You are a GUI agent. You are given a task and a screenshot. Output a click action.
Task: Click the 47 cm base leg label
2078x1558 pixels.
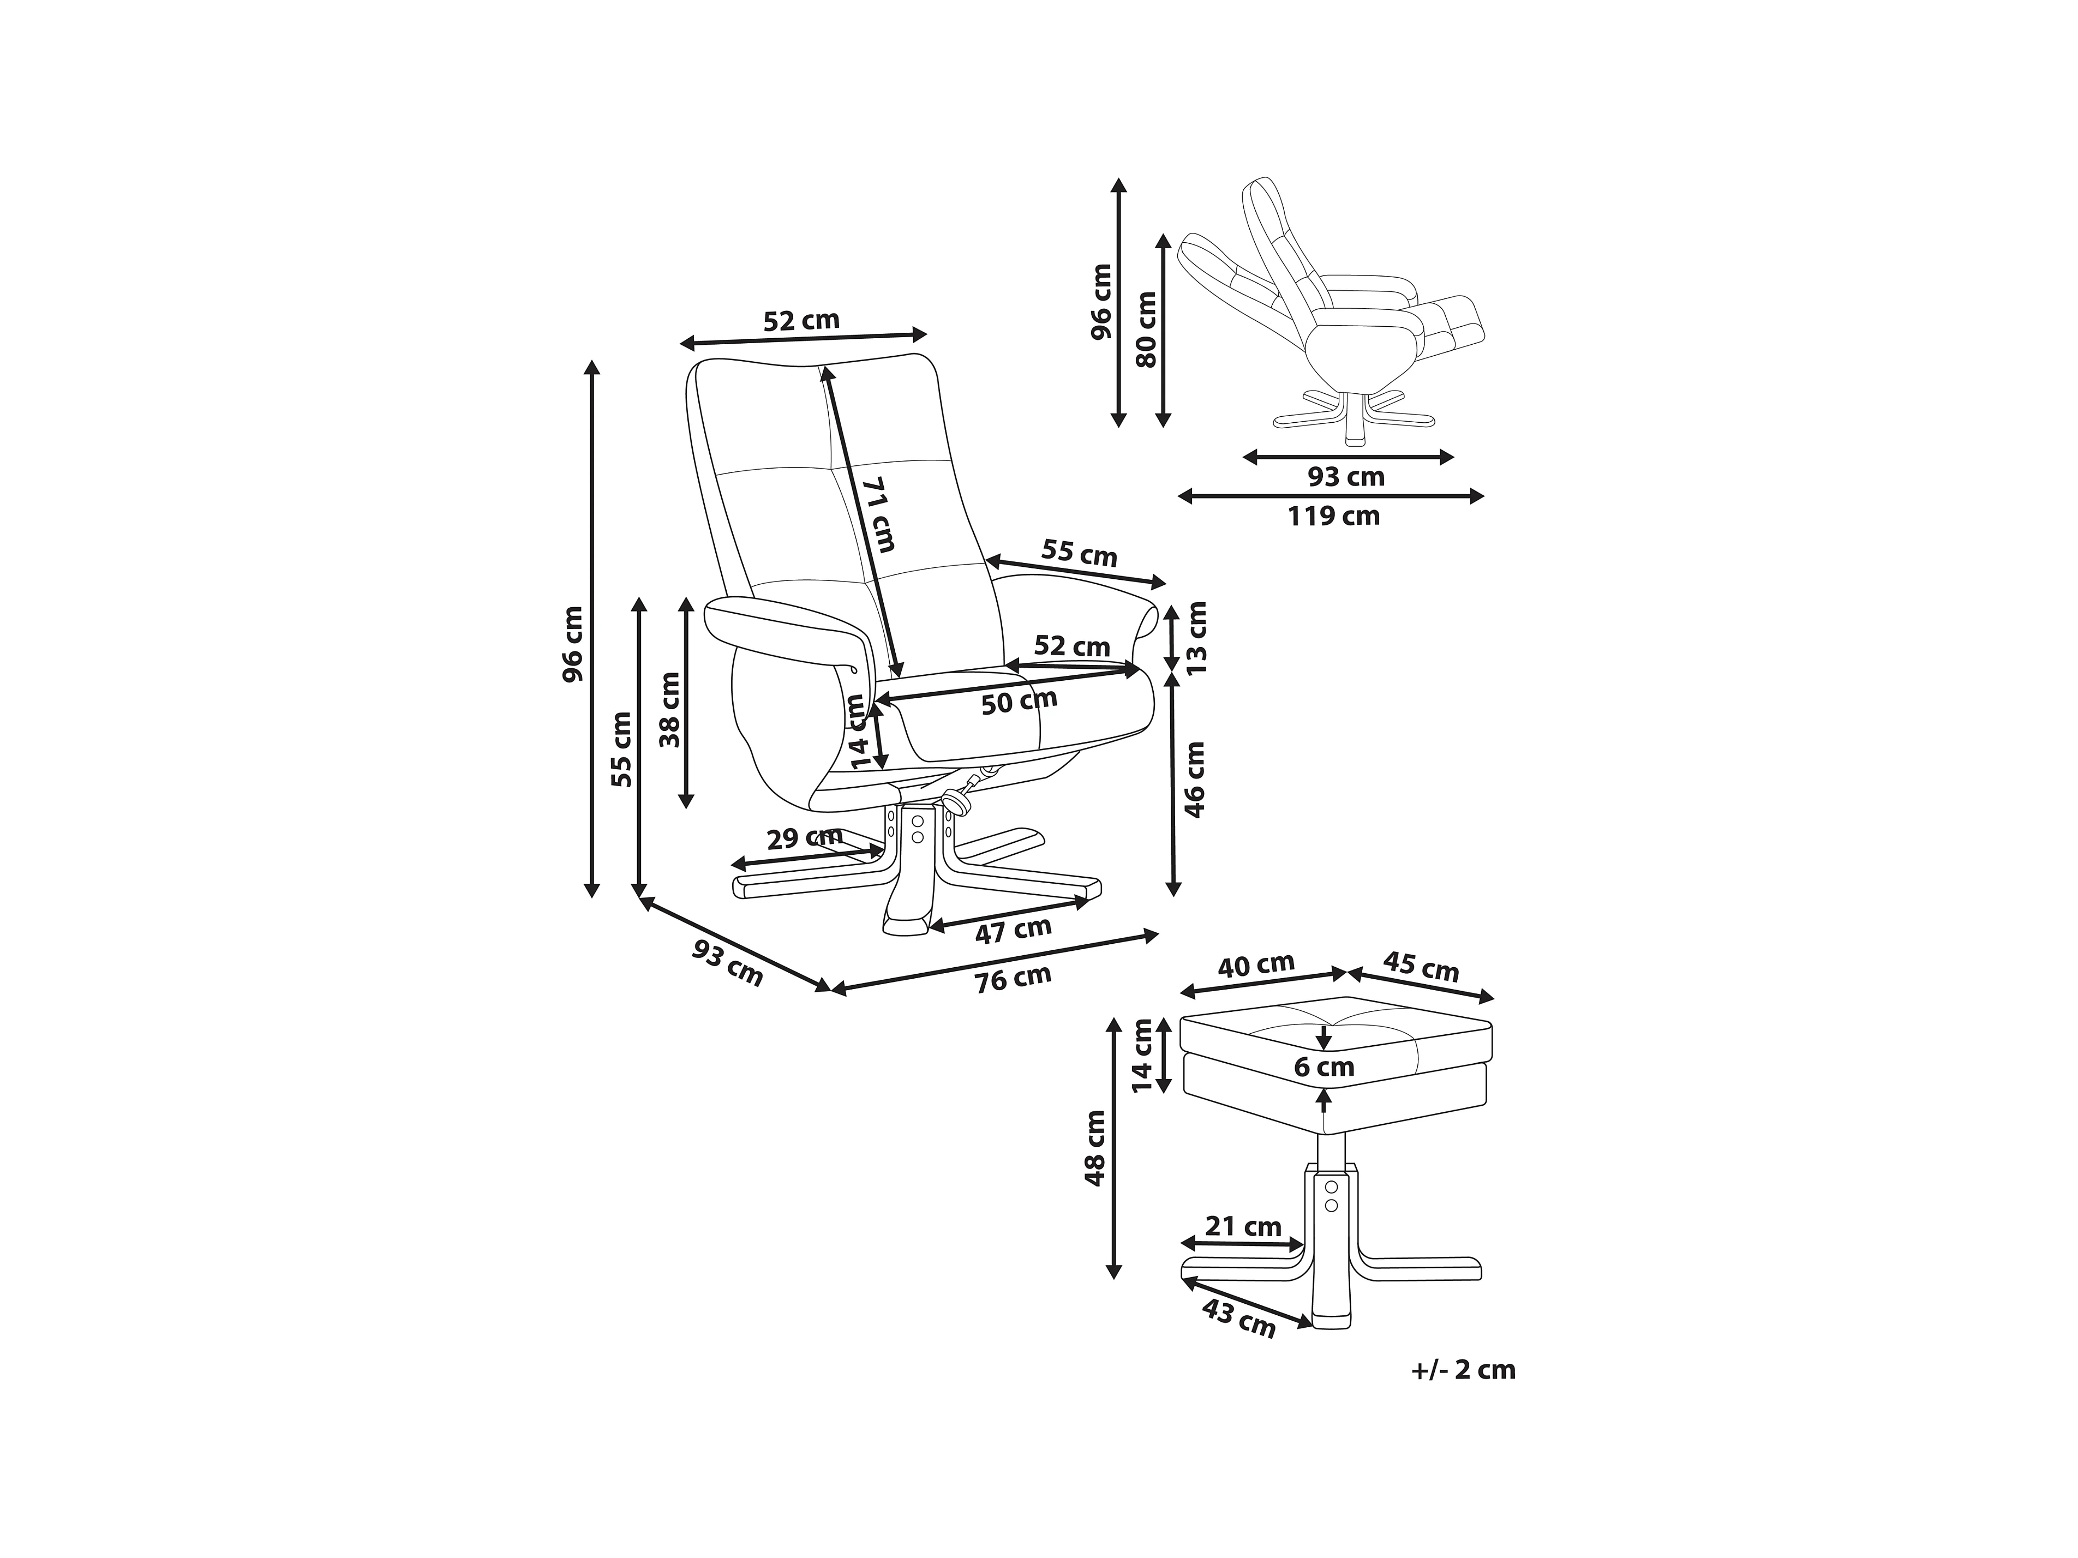pos(1013,932)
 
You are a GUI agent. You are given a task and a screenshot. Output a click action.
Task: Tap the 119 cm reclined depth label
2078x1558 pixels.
pos(1334,516)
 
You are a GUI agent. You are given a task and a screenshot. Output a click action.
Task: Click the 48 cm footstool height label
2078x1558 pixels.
pos(1094,1148)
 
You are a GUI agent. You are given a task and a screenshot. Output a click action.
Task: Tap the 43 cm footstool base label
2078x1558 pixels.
pos(1239,1320)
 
